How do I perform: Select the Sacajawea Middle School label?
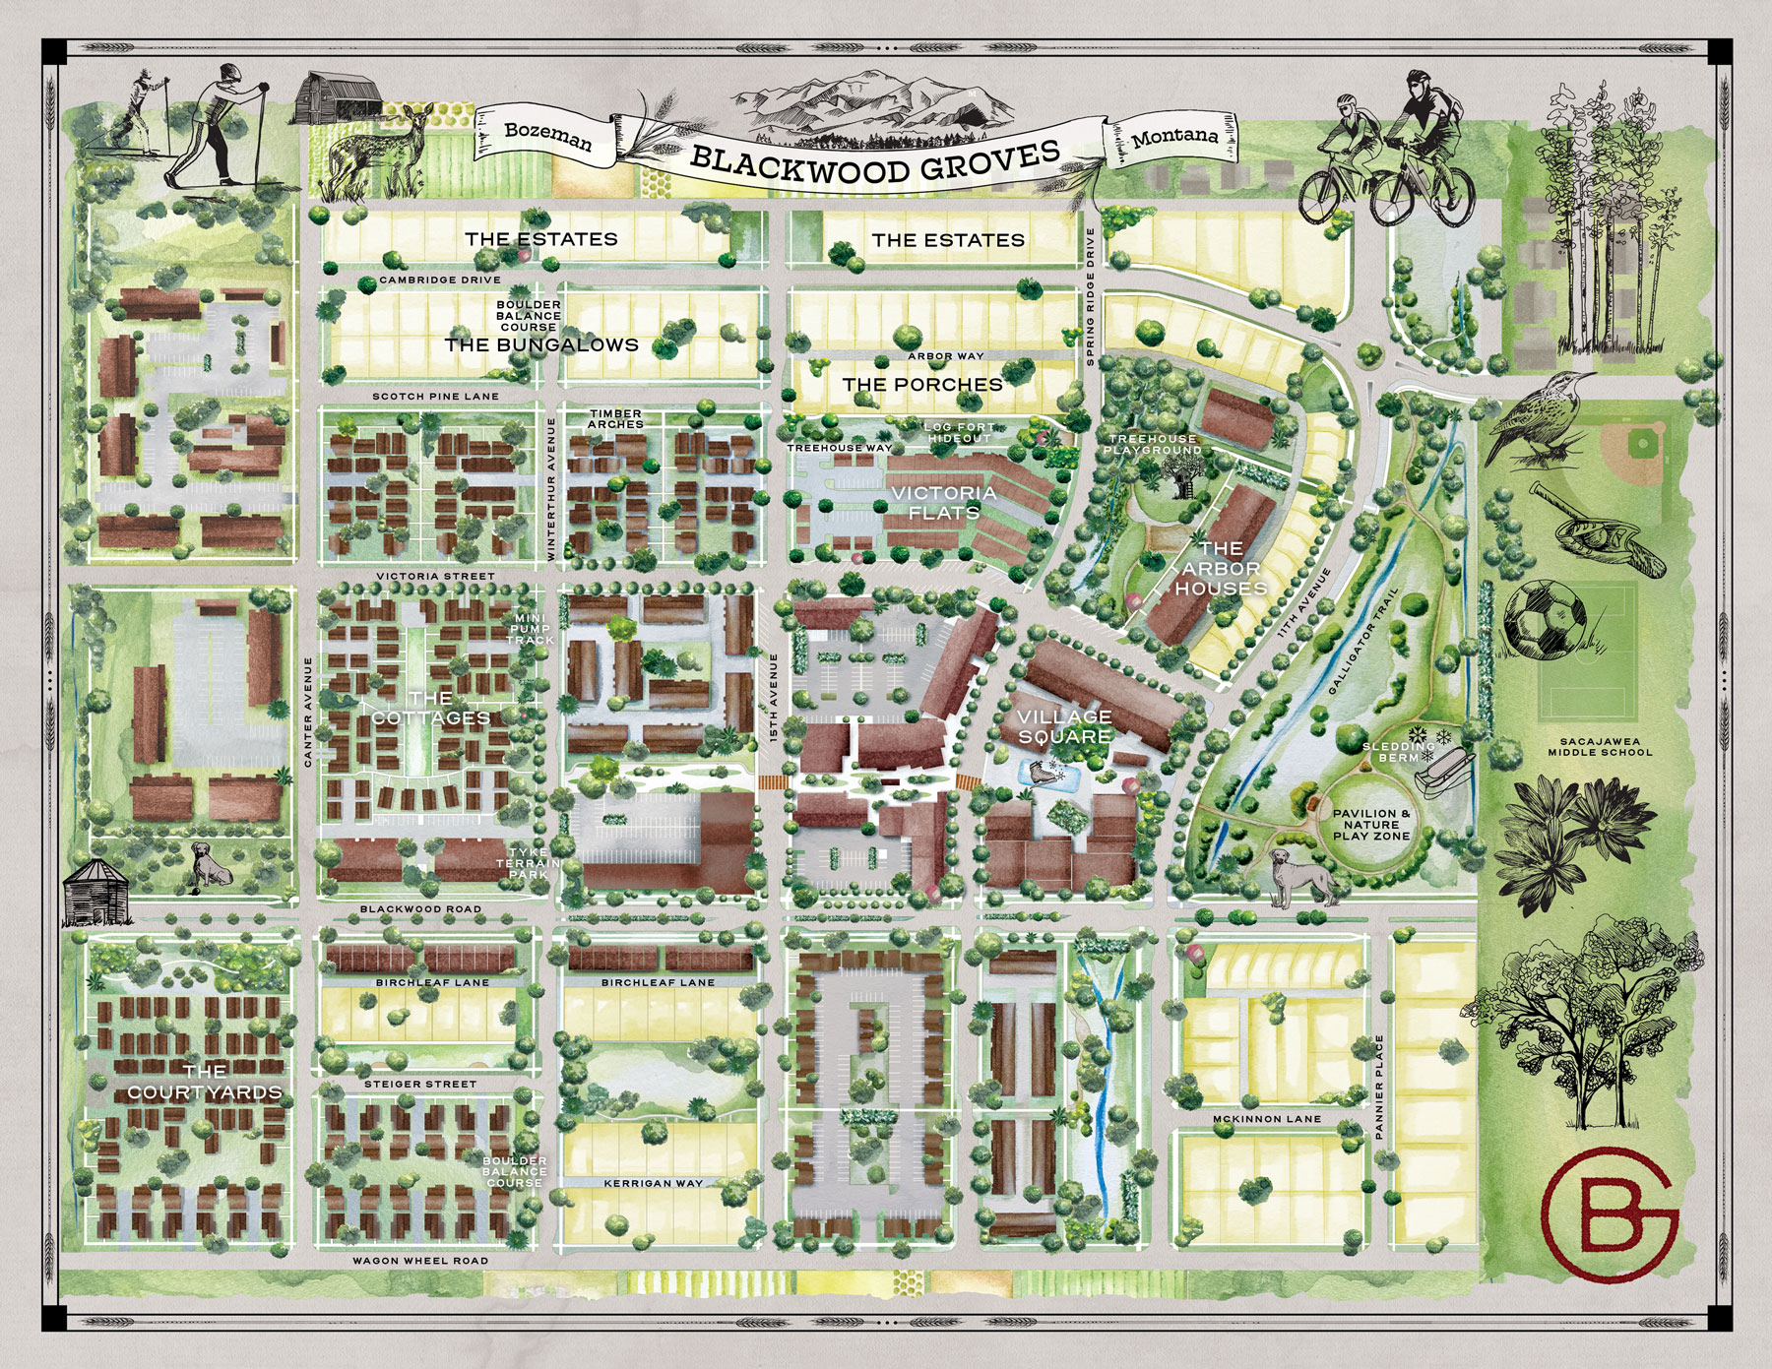tap(1599, 746)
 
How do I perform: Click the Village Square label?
tap(1064, 726)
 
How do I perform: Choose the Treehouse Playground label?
tap(1153, 444)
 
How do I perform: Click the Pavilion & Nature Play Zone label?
tap(1370, 825)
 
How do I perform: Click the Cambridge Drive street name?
tap(440, 280)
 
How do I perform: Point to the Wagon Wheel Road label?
tap(420, 1261)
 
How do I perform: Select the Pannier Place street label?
tap(1379, 1087)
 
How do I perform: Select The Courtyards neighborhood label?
tap(205, 1082)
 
